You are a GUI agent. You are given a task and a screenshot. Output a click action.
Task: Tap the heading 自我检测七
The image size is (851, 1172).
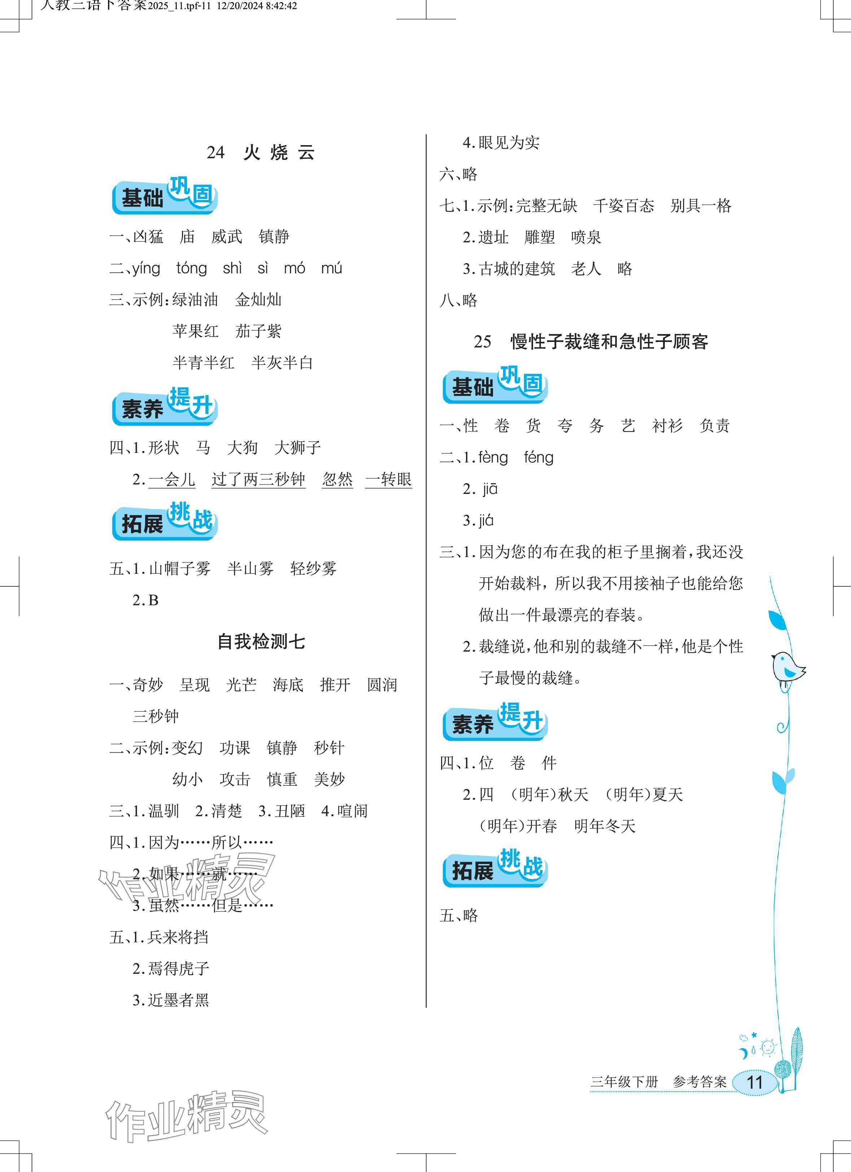point(261,642)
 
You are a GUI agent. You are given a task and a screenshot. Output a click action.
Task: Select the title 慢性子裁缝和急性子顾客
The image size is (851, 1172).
point(609,342)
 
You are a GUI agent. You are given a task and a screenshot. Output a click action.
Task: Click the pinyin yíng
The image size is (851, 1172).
point(146,269)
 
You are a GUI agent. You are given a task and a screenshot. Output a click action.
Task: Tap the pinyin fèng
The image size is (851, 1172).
point(493,458)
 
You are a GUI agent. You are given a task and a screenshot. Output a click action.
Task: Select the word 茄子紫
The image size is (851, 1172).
point(258,331)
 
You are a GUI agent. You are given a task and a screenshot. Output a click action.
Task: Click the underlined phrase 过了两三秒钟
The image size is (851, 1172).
point(258,479)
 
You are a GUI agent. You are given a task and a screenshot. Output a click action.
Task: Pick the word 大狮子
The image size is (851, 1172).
point(297,447)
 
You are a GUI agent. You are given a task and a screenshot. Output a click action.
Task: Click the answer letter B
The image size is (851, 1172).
point(153,600)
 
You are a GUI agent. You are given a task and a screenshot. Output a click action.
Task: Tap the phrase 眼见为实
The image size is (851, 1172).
point(509,143)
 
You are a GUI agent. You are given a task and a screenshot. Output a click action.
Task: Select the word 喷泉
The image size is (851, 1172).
point(586,238)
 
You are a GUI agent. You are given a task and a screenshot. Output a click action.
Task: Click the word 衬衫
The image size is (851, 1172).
point(667,426)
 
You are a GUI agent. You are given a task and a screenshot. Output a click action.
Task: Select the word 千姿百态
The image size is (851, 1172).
point(623,206)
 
